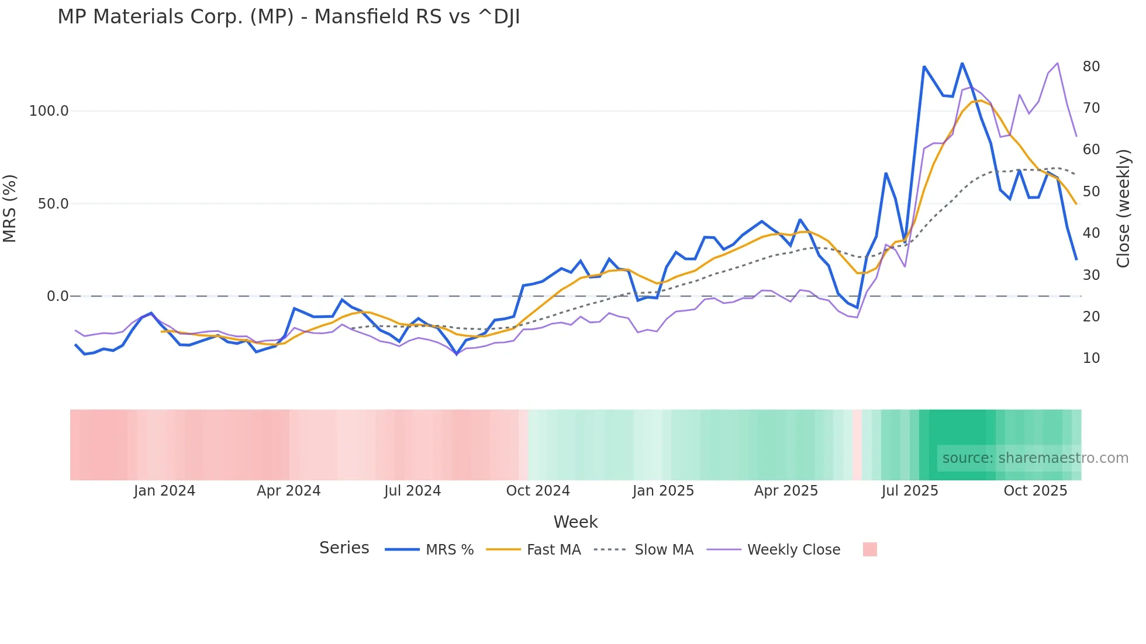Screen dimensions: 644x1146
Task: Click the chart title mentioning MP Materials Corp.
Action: [x=288, y=17]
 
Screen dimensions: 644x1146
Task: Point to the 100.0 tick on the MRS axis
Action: [x=49, y=111]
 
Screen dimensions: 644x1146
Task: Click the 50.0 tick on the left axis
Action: [x=53, y=204]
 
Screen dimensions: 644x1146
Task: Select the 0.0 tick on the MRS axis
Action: [x=58, y=296]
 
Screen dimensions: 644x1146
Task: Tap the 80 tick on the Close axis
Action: [x=1091, y=67]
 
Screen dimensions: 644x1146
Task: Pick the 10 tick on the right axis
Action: [x=1091, y=358]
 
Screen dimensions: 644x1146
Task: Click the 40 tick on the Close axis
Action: [x=1091, y=233]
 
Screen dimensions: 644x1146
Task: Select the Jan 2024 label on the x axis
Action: [x=164, y=491]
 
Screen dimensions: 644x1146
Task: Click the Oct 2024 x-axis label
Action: [x=538, y=491]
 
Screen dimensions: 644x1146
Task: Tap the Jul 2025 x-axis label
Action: [x=910, y=491]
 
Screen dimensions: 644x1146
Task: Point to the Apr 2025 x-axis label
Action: [x=786, y=491]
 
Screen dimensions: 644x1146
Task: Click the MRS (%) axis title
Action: [x=9, y=209]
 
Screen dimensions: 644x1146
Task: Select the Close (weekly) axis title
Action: [x=1123, y=209]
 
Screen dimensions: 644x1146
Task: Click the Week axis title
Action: [x=575, y=522]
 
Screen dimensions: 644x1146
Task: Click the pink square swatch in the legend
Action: [x=870, y=549]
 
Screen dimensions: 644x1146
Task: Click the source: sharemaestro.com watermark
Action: [x=1035, y=458]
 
